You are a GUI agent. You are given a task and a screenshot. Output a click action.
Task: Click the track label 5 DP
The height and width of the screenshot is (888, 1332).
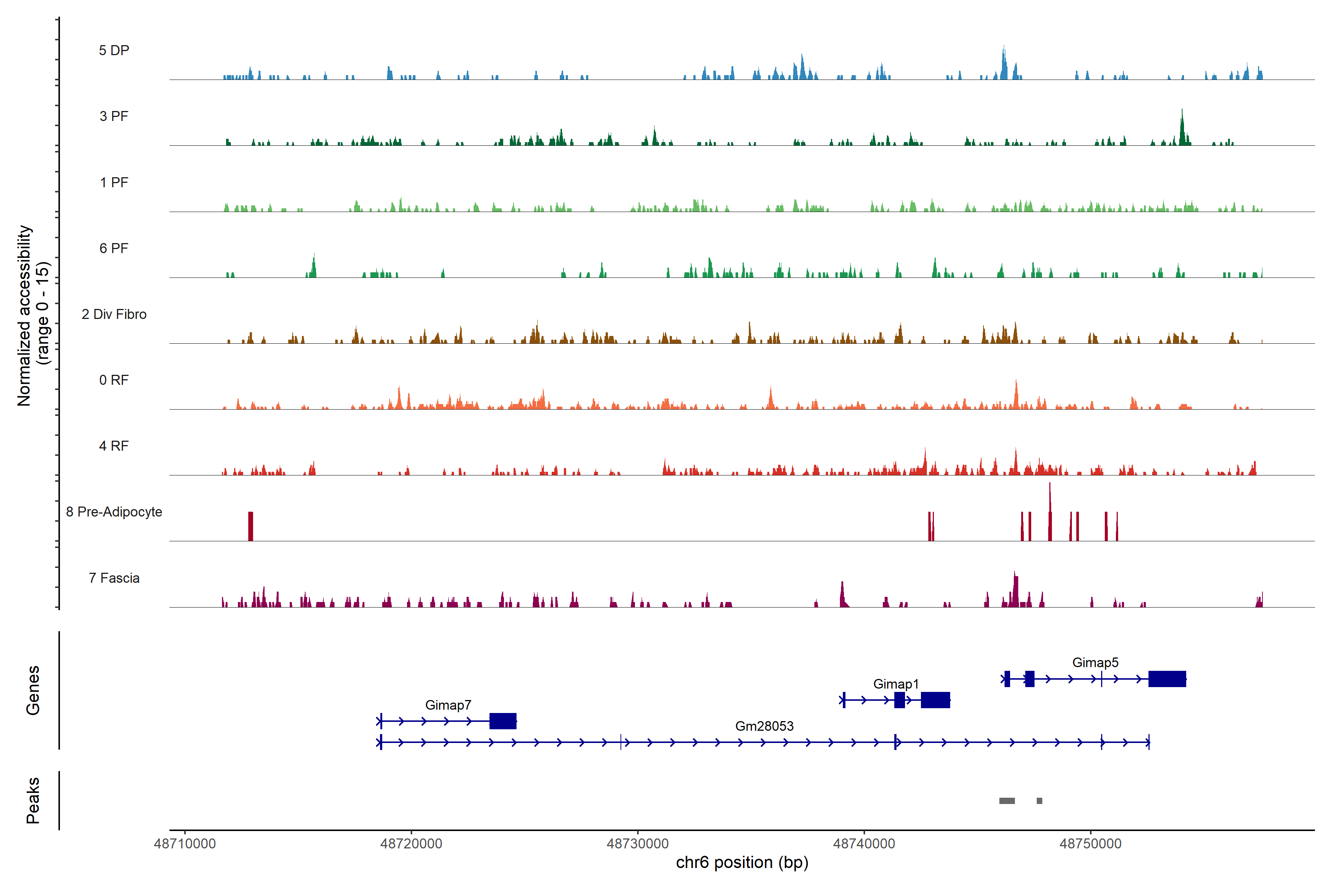pos(114,50)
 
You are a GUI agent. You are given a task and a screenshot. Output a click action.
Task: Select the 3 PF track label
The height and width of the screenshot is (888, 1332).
pos(114,116)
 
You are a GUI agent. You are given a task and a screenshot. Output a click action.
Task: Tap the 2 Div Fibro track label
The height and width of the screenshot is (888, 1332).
pos(114,314)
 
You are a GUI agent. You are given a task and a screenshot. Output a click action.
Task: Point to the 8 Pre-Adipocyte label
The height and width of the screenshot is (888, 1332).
pos(114,512)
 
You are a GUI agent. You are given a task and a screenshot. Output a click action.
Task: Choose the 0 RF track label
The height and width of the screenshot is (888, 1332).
pos(114,380)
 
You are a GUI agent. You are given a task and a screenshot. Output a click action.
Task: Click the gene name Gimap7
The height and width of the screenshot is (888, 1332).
pos(448,705)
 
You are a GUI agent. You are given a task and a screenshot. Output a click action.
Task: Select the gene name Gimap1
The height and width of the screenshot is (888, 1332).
pos(895,684)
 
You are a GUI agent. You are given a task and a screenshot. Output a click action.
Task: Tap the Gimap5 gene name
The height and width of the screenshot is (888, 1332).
pos(1095,663)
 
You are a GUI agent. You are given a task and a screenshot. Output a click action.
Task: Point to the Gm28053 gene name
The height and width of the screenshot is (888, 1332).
pos(764,726)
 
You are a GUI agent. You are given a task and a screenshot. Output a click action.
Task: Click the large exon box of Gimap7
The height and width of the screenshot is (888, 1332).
pos(503,721)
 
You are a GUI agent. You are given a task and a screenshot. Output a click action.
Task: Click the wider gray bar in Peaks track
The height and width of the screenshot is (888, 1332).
pos(1006,801)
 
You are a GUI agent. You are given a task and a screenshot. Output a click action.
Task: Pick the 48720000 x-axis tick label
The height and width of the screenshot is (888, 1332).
pos(411,844)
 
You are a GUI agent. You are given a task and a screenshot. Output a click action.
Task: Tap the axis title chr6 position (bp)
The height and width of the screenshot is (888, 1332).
pos(742,862)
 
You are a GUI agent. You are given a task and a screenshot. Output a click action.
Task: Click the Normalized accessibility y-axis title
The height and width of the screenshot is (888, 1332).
pos(24,316)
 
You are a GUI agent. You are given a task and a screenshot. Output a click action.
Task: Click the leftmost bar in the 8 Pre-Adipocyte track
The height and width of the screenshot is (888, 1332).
pos(250,526)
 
